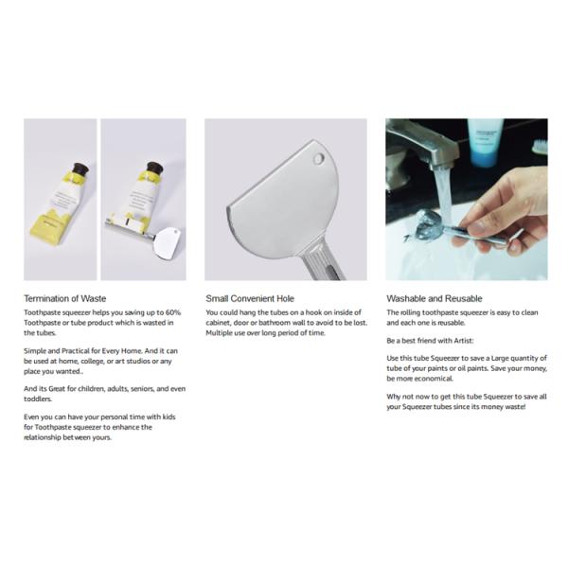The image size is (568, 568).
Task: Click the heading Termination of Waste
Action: coord(64,298)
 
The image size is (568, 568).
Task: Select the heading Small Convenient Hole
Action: coord(250,298)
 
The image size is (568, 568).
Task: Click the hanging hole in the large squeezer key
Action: coord(318,158)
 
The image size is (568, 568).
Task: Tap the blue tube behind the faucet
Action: coord(486,142)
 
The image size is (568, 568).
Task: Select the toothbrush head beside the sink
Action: coord(539,147)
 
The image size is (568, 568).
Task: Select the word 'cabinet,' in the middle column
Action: coord(221,322)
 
